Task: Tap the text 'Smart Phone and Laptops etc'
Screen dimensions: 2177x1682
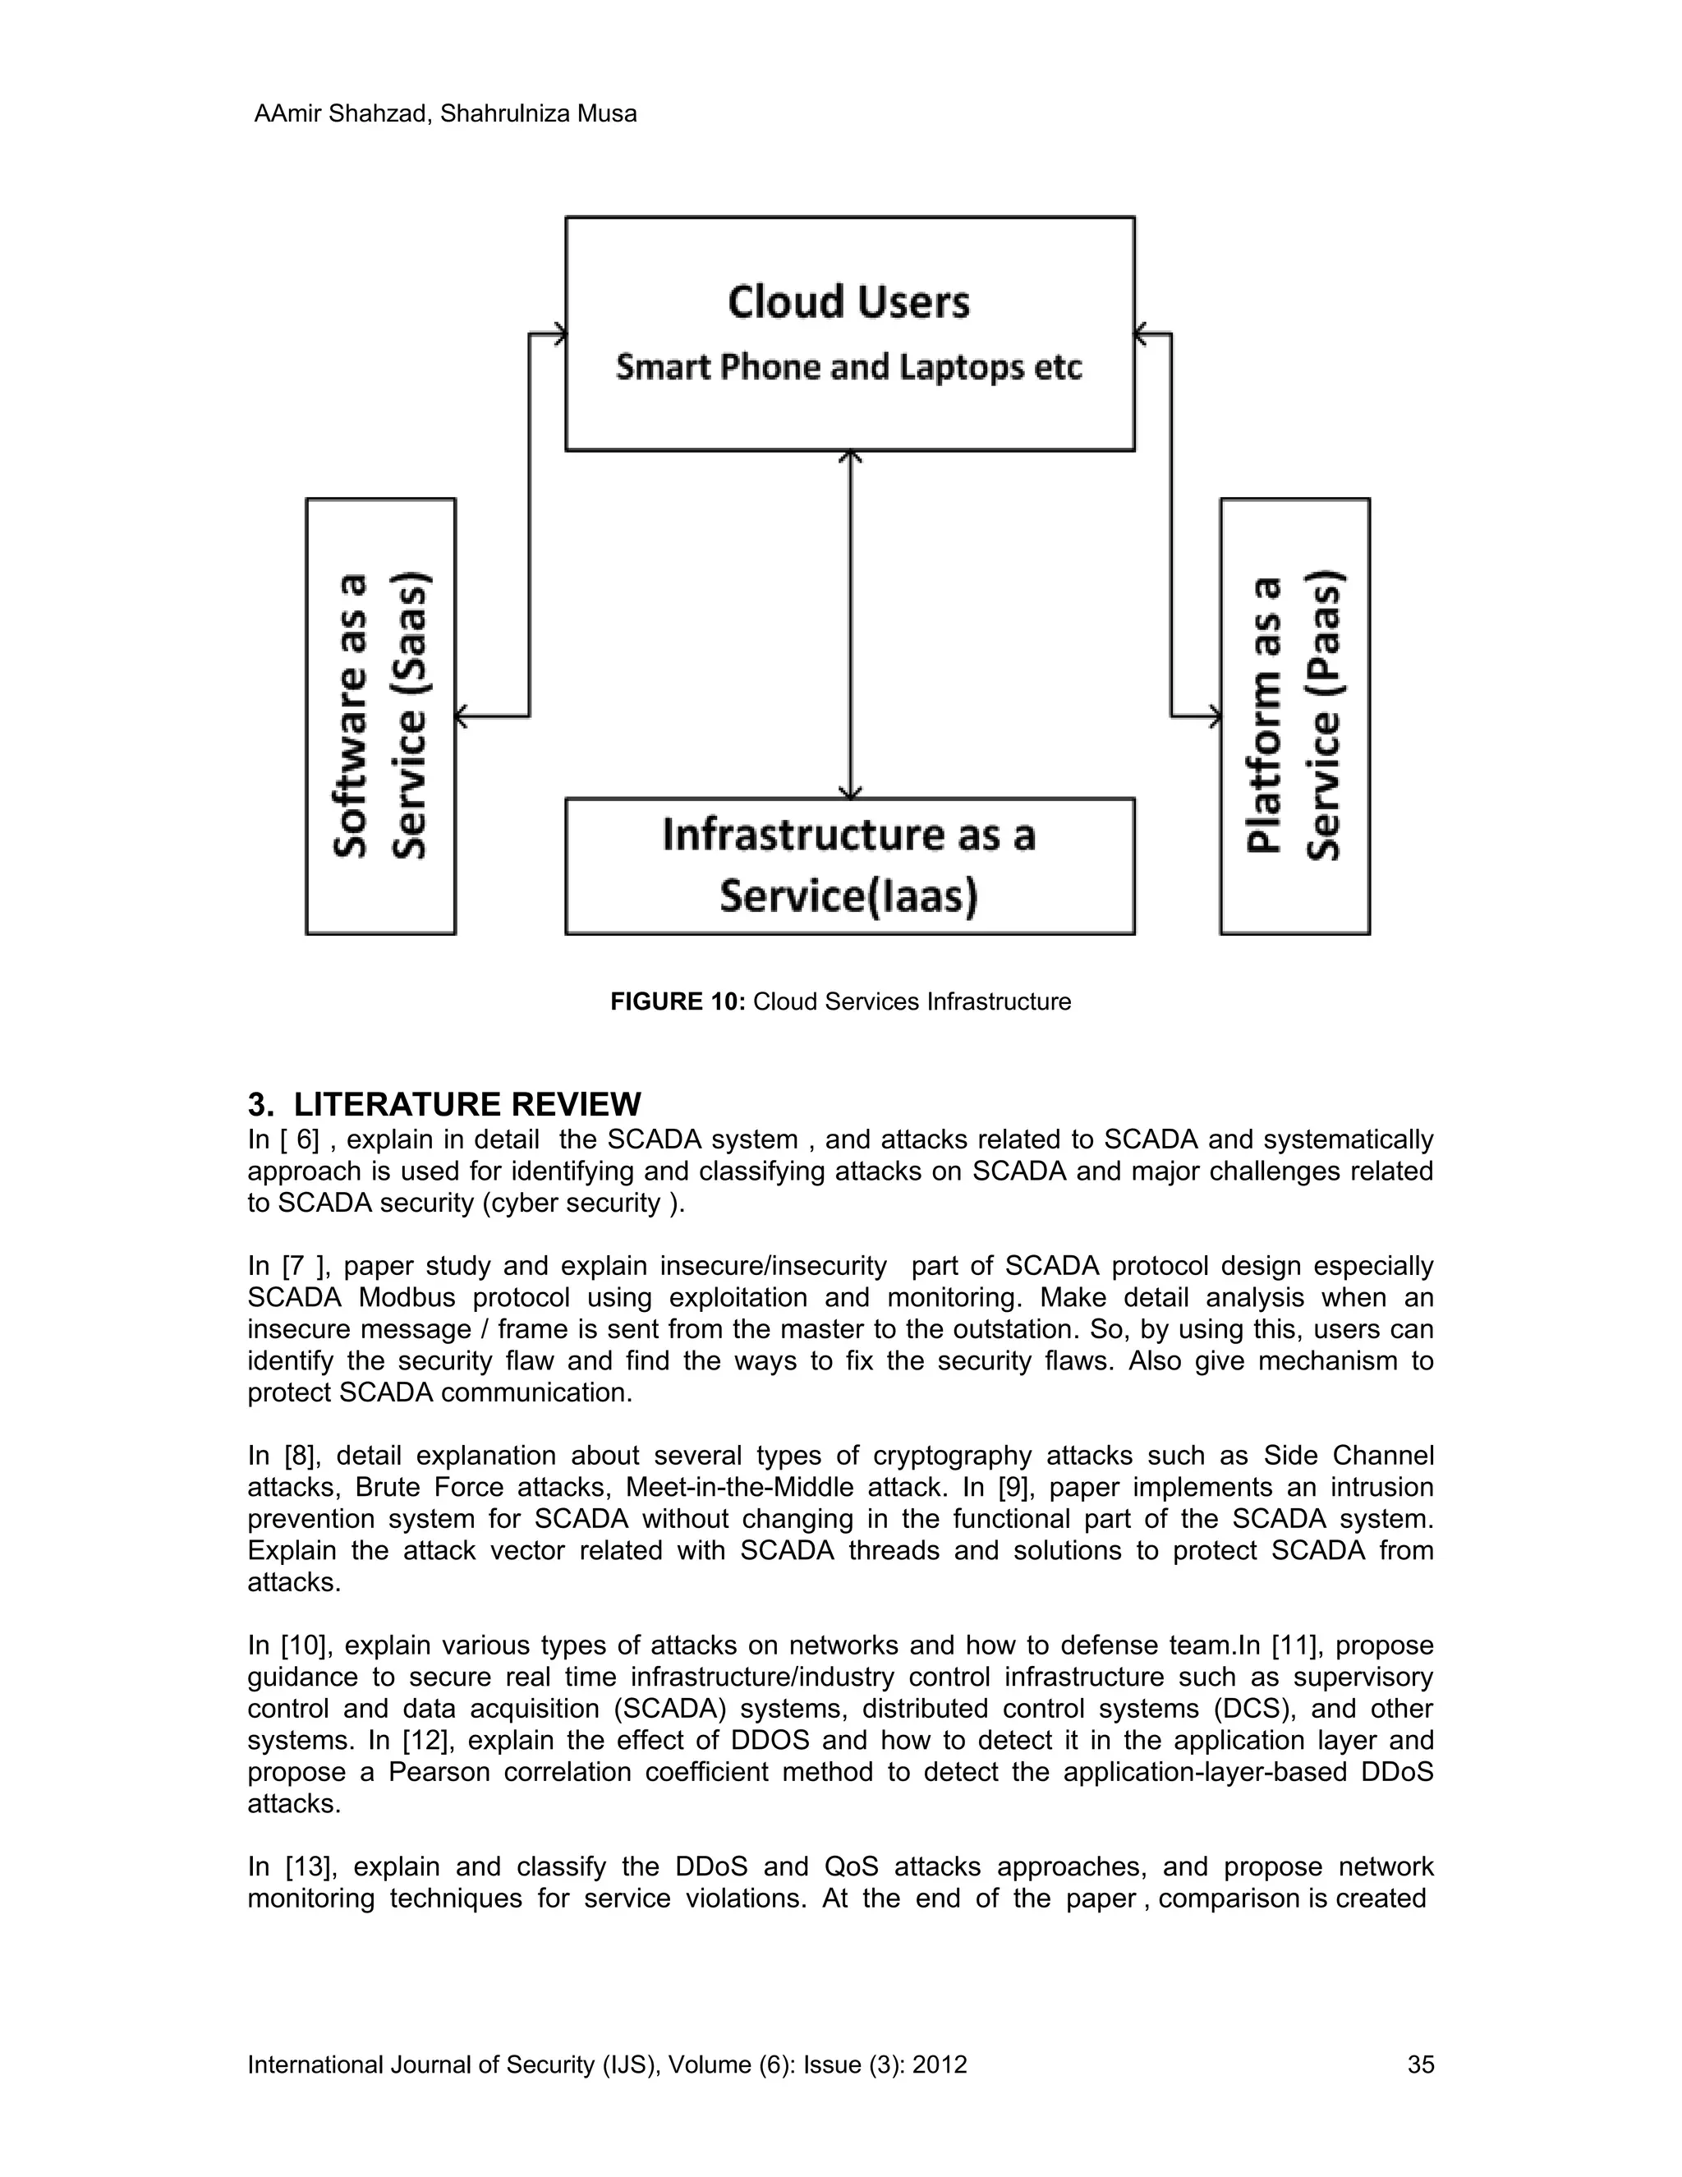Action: [x=848, y=367]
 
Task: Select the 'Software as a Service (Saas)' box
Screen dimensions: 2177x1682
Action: [x=380, y=716]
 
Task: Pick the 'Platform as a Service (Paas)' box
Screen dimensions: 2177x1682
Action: [x=1294, y=716]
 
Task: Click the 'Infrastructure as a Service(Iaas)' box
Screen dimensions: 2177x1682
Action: [x=849, y=865]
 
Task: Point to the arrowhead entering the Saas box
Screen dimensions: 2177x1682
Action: [x=462, y=716]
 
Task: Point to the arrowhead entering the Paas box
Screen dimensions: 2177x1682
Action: [x=1214, y=716]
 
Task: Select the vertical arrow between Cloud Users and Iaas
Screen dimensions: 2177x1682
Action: [x=850, y=623]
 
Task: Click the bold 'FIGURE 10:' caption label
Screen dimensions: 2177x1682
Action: [x=678, y=1001]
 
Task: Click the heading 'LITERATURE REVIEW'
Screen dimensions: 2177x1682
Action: [x=467, y=1104]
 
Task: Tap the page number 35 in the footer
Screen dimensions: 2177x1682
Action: [x=1420, y=2064]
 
